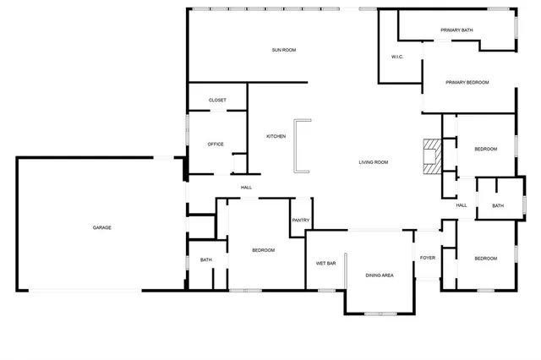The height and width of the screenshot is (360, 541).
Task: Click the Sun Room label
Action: coord(283,50)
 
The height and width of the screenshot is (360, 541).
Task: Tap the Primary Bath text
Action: coord(456,30)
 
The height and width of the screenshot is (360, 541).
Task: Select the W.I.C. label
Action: coord(397,57)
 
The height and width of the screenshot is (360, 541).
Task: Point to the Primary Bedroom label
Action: coord(467,82)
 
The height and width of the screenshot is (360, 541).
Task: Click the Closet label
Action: coord(217,100)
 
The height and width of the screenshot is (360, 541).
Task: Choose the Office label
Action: coord(216,144)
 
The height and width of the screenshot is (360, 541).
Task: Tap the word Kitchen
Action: coord(276,136)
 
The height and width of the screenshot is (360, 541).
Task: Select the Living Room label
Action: coord(373,162)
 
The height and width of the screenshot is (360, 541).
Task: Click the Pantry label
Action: coord(301,221)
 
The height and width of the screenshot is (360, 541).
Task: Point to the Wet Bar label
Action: coord(326,263)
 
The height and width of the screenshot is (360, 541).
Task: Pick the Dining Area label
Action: coord(380,275)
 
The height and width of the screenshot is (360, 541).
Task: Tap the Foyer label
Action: coord(428,258)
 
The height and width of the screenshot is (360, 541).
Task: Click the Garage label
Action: coord(102,227)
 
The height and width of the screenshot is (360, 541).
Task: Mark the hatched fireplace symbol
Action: coord(432,155)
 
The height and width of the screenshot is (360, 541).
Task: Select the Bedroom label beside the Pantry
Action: coord(263,250)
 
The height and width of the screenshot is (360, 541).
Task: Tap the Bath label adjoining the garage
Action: coord(206,259)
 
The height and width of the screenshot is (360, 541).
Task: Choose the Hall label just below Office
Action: coord(246,188)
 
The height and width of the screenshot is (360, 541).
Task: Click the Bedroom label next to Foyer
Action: coord(485,258)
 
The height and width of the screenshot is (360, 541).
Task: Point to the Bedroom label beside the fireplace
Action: coord(485,149)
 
